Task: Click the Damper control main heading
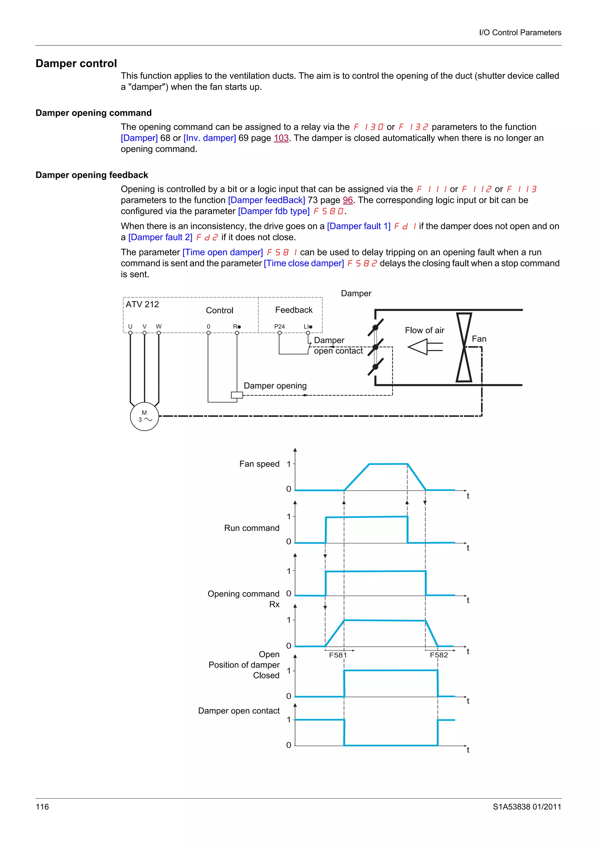click(x=76, y=63)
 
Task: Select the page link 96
click(x=347, y=200)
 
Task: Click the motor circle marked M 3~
click(x=144, y=416)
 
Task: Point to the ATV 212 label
click(x=142, y=304)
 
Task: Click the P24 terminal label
click(x=279, y=326)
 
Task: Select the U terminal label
click(x=130, y=326)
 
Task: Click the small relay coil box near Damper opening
click(x=236, y=395)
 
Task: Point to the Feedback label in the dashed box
click(x=294, y=310)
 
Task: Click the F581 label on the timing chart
click(x=338, y=655)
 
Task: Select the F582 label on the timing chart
click(x=439, y=655)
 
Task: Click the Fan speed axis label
click(x=259, y=464)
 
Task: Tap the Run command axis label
click(x=252, y=528)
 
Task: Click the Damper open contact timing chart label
click(x=239, y=711)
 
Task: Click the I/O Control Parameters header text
click(x=520, y=32)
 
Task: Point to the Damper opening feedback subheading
click(x=92, y=175)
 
